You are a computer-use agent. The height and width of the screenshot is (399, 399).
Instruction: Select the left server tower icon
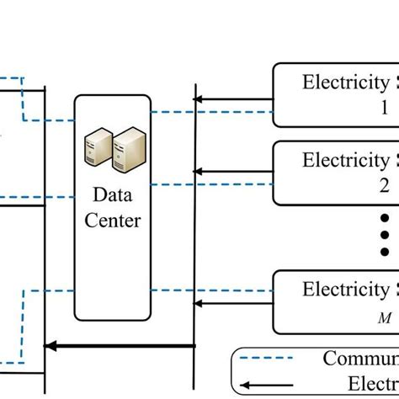(98, 149)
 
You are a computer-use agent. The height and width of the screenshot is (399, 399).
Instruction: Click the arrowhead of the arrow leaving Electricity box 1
(199, 100)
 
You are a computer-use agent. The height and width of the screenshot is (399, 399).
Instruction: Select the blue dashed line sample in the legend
(269, 359)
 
